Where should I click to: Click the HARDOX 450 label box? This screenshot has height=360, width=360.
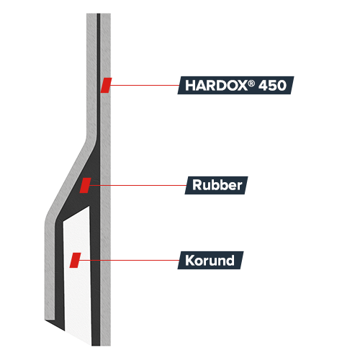[x=235, y=85]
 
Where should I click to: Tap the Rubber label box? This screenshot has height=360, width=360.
[x=216, y=185]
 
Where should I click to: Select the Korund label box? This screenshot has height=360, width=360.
[x=210, y=260]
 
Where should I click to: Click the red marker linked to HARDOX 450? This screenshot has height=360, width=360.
[x=106, y=85]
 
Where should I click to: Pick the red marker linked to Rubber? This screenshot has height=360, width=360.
[x=85, y=185]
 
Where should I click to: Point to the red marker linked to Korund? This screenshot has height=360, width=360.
[x=75, y=260]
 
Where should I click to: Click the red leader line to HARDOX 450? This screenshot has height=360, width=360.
[x=144, y=85]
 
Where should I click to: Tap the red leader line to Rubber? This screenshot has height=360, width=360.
[x=138, y=185]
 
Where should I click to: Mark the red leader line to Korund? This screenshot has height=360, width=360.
[x=129, y=260]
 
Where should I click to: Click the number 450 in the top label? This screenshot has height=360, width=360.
[x=272, y=86]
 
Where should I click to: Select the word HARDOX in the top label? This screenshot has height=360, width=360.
[x=216, y=86]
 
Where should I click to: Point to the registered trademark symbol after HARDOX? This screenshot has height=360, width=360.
[x=251, y=83]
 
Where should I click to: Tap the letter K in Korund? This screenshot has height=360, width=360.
[x=189, y=261]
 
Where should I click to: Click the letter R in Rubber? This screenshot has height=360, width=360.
[x=197, y=185]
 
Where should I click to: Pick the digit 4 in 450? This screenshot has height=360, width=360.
[x=263, y=86]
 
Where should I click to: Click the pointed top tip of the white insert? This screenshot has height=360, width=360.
[x=89, y=206]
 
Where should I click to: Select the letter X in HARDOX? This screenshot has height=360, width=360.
[x=242, y=86]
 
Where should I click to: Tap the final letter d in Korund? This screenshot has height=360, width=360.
[x=230, y=261]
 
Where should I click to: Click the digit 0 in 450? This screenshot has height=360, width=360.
[x=282, y=86]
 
